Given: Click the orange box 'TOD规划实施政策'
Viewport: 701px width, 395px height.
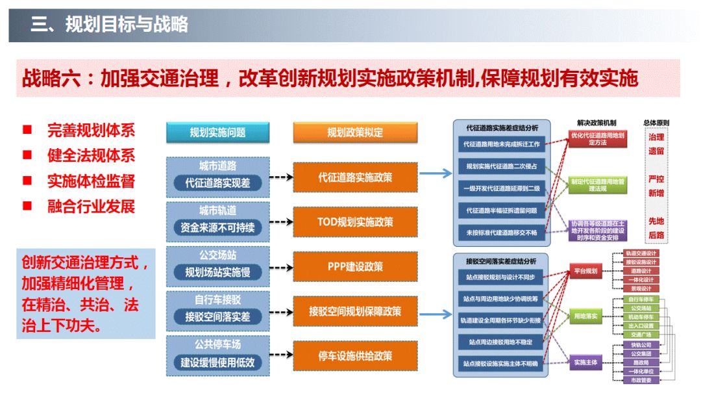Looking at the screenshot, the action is [x=355, y=222].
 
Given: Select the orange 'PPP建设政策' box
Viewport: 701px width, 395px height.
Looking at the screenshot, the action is [x=355, y=266].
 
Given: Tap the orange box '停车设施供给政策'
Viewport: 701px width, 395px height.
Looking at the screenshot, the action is [x=355, y=356].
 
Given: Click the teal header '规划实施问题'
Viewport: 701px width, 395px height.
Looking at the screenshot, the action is [x=217, y=133].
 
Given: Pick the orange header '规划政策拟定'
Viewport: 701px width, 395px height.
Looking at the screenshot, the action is [x=355, y=133].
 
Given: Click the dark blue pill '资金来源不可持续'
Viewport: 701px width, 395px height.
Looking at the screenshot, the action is [x=217, y=228].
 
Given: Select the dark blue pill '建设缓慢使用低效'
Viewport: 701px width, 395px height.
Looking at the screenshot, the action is [x=217, y=363].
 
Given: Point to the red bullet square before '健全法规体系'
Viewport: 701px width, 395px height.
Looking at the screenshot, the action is [x=27, y=155].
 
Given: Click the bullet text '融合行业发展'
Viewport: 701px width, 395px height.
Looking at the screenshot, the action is [x=91, y=207].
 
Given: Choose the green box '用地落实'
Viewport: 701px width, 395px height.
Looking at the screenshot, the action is [x=585, y=316].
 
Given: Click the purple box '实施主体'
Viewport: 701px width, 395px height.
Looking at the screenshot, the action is [x=585, y=362].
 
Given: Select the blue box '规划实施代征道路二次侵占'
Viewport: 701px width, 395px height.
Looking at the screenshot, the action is [x=502, y=166].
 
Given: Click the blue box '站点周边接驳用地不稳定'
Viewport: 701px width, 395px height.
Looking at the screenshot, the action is [x=502, y=341].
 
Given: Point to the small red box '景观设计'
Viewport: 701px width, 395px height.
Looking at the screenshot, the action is [x=641, y=288].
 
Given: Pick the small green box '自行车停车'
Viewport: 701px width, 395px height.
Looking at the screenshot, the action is [x=641, y=299].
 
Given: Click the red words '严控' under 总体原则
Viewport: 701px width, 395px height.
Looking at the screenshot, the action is [x=656, y=178].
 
